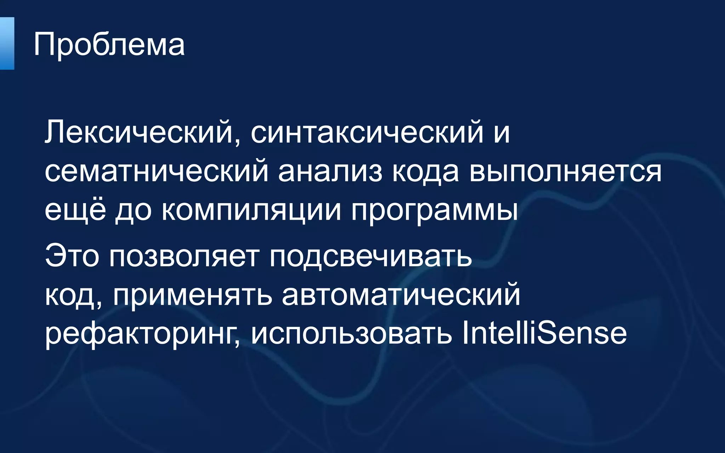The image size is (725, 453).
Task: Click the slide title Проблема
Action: (109, 45)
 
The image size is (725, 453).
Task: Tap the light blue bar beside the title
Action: (7, 43)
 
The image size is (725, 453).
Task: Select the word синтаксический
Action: (367, 132)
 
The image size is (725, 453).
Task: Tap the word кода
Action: (426, 172)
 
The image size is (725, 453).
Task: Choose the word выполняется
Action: (565, 172)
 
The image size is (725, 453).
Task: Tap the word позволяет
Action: (184, 256)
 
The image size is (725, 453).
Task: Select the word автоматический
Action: (401, 294)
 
